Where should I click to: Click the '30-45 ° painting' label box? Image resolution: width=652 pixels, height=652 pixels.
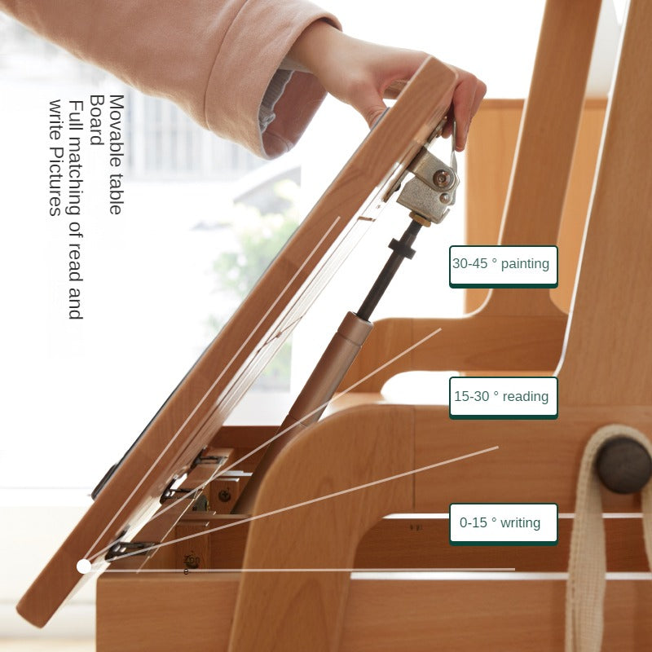coord(503,267)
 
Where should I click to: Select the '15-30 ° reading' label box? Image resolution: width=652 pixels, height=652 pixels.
coord(503,398)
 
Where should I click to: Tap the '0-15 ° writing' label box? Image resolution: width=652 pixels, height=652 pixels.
coord(503,524)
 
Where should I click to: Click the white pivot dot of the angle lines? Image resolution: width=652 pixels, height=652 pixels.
coord(84,566)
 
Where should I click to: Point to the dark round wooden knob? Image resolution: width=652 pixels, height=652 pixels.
coord(623,465)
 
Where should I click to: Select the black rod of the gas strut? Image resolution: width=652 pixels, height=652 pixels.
coord(389,271)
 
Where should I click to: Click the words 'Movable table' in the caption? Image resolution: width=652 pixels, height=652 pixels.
coord(117,155)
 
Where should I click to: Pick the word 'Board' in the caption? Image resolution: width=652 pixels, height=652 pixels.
coord(97,120)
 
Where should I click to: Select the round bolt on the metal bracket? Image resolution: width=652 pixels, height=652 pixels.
coord(442,178)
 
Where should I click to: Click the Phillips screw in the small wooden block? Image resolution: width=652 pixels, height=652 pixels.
coord(225,496)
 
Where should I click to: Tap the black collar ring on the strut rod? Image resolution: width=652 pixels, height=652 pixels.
coord(402,248)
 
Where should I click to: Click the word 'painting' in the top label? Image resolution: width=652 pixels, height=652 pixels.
coord(525,264)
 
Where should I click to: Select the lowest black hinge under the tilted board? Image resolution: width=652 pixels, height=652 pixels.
coord(129,548)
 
